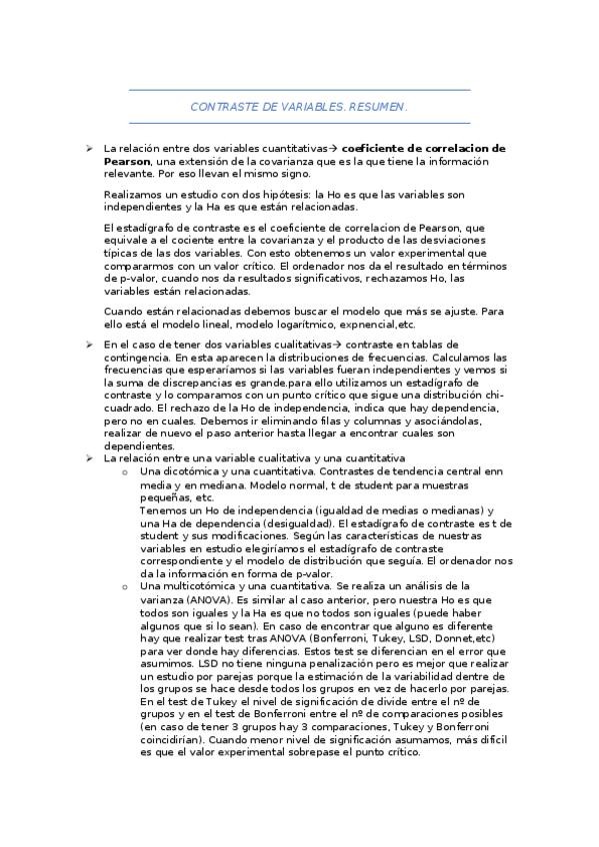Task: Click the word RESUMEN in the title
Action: pos(380,105)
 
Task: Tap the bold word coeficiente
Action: pos(381,148)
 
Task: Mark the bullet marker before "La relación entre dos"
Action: pos(90,148)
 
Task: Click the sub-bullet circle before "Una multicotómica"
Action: pos(124,586)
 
